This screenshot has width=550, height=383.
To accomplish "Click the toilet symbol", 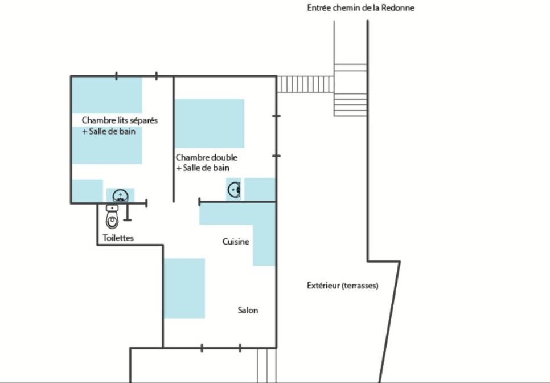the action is point(112,217).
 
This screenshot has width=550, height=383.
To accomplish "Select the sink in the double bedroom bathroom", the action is point(234,190).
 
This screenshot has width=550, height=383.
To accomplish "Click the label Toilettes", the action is point(118,238).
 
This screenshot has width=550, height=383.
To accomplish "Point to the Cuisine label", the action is point(236,242).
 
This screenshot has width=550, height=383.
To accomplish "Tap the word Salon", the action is point(248,310).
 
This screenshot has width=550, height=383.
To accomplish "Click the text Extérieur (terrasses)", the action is point(342,286).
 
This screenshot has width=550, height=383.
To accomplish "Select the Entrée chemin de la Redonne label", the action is point(360,8).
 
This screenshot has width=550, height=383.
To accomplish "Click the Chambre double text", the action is point(206,158).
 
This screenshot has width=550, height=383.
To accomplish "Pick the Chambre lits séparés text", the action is point(120,120).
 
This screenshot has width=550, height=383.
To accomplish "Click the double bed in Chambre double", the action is point(210,124).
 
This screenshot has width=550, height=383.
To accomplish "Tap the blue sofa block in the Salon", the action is point(184,288).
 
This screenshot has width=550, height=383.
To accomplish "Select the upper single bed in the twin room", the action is point(107,95).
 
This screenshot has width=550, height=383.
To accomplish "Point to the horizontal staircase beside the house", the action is point(305,84).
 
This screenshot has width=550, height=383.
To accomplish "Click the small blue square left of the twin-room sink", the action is point(87,191).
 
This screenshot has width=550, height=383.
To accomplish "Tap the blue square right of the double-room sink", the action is point(260,189).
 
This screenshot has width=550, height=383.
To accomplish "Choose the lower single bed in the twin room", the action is point(107,145).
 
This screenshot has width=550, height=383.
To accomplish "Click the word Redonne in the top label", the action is point(398,8).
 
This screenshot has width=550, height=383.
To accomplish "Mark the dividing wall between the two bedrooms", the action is point(173,139).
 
